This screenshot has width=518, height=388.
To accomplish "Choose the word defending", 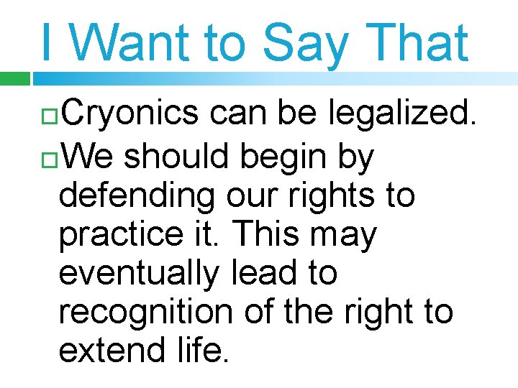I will tap(135, 195).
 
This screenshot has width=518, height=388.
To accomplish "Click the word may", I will tap(345, 236).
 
